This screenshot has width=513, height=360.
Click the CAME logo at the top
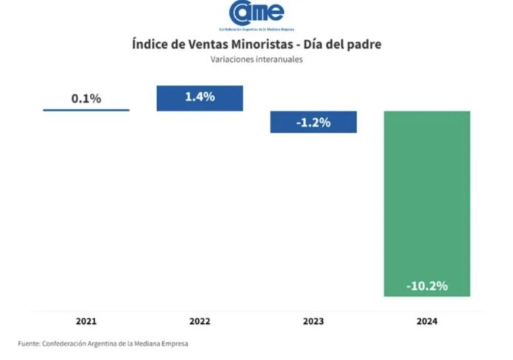256,15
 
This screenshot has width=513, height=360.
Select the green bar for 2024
427,204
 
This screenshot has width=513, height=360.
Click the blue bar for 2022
200,98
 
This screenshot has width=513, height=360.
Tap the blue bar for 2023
313,122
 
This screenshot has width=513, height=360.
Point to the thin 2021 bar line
86,110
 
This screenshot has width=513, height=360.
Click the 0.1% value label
86,98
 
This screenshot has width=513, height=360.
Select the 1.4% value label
200,97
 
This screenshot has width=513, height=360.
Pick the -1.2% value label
313,122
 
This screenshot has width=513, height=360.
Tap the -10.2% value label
427,286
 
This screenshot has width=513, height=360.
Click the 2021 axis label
86,321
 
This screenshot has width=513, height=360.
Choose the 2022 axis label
200,321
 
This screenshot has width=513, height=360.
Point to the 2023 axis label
313,321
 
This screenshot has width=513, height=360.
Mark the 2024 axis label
427,321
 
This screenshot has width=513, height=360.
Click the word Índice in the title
150,44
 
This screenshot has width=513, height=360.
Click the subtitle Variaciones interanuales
256,59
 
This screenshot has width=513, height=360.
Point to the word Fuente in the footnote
29,344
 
